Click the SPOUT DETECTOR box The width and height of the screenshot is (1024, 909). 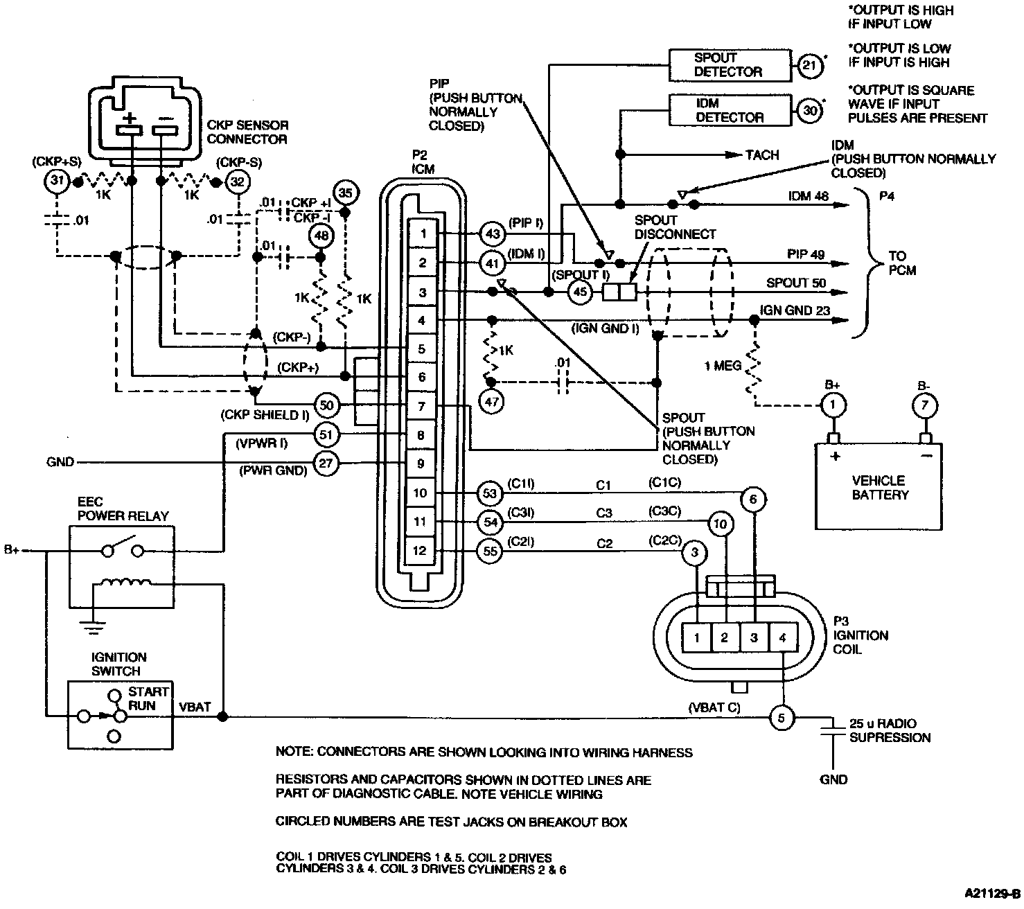(730, 65)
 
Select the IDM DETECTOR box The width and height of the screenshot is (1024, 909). (730, 110)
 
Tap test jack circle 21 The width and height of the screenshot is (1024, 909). (810, 65)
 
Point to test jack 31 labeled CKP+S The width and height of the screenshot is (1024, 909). (57, 181)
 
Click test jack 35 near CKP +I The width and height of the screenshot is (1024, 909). (345, 193)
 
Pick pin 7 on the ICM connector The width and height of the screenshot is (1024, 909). (422, 406)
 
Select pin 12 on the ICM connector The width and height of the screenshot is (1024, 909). (420, 551)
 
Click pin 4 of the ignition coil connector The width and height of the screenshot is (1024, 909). (783, 637)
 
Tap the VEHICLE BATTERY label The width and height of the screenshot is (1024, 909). (880, 487)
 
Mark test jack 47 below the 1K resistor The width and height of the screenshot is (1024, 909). (491, 403)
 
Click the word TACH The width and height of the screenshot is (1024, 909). (762, 155)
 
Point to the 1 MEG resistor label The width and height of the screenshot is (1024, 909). (723, 366)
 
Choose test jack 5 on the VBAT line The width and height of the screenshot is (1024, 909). (782, 718)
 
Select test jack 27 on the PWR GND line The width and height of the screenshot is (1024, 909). (326, 463)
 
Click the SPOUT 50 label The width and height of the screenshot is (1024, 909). (795, 283)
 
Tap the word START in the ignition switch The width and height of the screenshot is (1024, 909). (148, 691)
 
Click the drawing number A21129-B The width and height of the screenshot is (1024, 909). (993, 893)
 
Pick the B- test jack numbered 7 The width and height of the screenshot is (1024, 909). (925, 405)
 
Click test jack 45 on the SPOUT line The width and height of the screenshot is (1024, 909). (580, 292)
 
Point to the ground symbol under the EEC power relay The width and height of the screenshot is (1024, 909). (93, 628)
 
